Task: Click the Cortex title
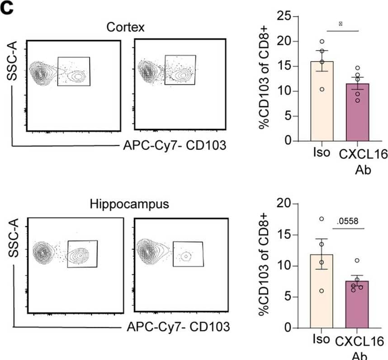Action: pyautogui.click(x=125, y=27)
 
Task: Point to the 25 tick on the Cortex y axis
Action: pyautogui.click(x=284, y=17)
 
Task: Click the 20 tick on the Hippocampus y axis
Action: pyautogui.click(x=284, y=204)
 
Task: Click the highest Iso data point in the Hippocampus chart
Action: pyautogui.click(x=322, y=219)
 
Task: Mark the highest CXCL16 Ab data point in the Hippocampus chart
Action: pyautogui.click(x=357, y=261)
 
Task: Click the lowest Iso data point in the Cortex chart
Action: pyautogui.click(x=322, y=90)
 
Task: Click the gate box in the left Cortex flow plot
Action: pyautogui.click(x=74, y=71)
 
